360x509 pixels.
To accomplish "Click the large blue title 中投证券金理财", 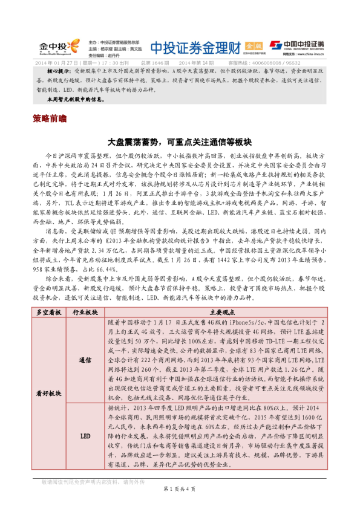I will [195, 47].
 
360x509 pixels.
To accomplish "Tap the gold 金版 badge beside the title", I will [255, 46].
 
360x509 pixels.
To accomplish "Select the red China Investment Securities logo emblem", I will [276, 45].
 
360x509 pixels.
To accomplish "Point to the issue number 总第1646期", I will [154, 62].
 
